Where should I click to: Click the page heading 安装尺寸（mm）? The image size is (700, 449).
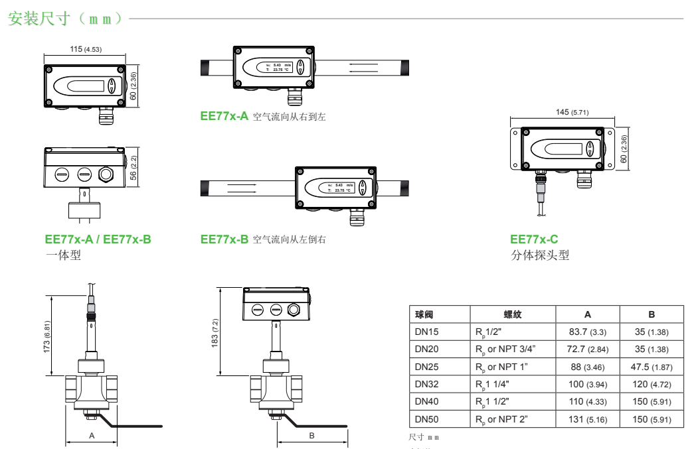coord(65,19)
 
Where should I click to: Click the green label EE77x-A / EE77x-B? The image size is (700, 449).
coord(97,239)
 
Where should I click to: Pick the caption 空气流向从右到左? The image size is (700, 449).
coord(290,117)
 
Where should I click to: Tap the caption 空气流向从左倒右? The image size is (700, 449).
coord(290,239)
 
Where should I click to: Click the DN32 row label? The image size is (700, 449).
coord(428,384)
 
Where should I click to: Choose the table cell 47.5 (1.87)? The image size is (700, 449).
coord(651,367)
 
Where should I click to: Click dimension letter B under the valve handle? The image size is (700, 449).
coord(311,436)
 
